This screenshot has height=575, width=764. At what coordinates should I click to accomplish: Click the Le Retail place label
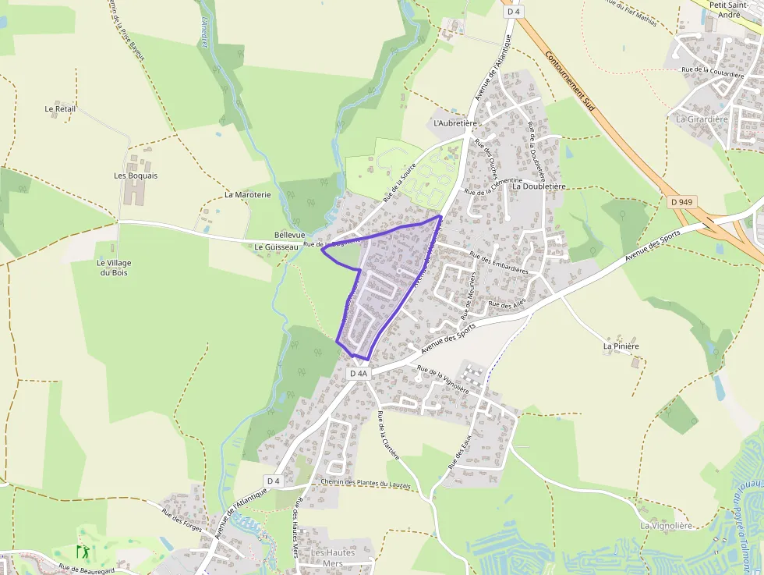coord(60,108)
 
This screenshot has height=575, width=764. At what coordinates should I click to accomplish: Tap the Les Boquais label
coord(136,176)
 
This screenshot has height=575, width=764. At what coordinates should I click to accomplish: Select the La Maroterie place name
coord(247,194)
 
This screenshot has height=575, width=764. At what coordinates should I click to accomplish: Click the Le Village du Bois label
coord(114,268)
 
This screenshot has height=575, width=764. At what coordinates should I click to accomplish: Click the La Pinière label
coord(621,346)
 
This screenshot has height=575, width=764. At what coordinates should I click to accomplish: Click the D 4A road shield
coord(358,374)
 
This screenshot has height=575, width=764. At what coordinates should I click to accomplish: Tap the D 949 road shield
coord(681,202)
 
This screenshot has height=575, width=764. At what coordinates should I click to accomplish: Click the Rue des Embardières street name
coord(499,261)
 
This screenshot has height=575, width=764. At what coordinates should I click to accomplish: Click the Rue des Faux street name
coord(460,452)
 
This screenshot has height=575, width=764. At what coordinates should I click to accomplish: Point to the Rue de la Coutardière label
coord(713,70)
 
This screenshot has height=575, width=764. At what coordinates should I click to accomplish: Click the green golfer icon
coord(82,552)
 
